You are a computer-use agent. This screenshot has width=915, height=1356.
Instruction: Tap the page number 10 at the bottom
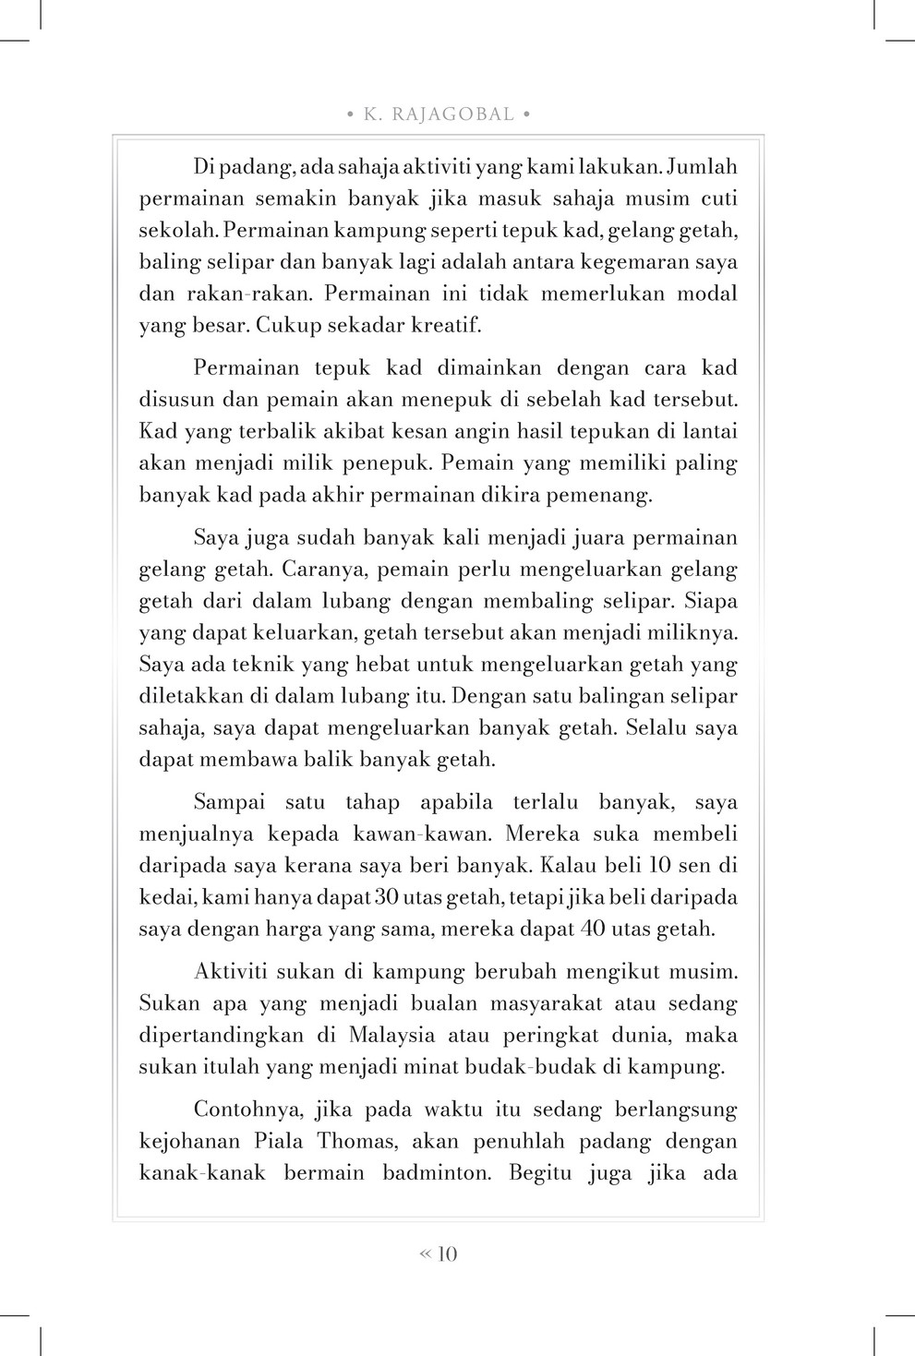447,1254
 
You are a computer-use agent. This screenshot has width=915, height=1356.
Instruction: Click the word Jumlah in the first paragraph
702,167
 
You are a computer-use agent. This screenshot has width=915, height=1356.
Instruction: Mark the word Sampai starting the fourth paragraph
231,802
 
